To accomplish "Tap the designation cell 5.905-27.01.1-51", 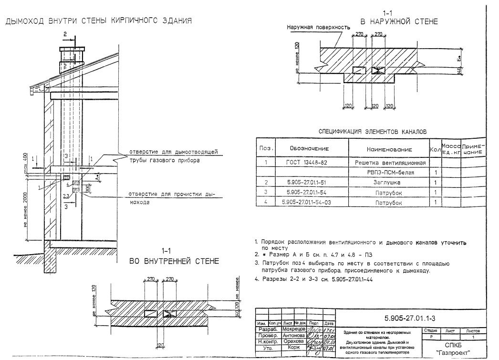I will point(307,182).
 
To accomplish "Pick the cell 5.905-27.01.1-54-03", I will point(307,202).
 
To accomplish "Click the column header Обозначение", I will point(307,149).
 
